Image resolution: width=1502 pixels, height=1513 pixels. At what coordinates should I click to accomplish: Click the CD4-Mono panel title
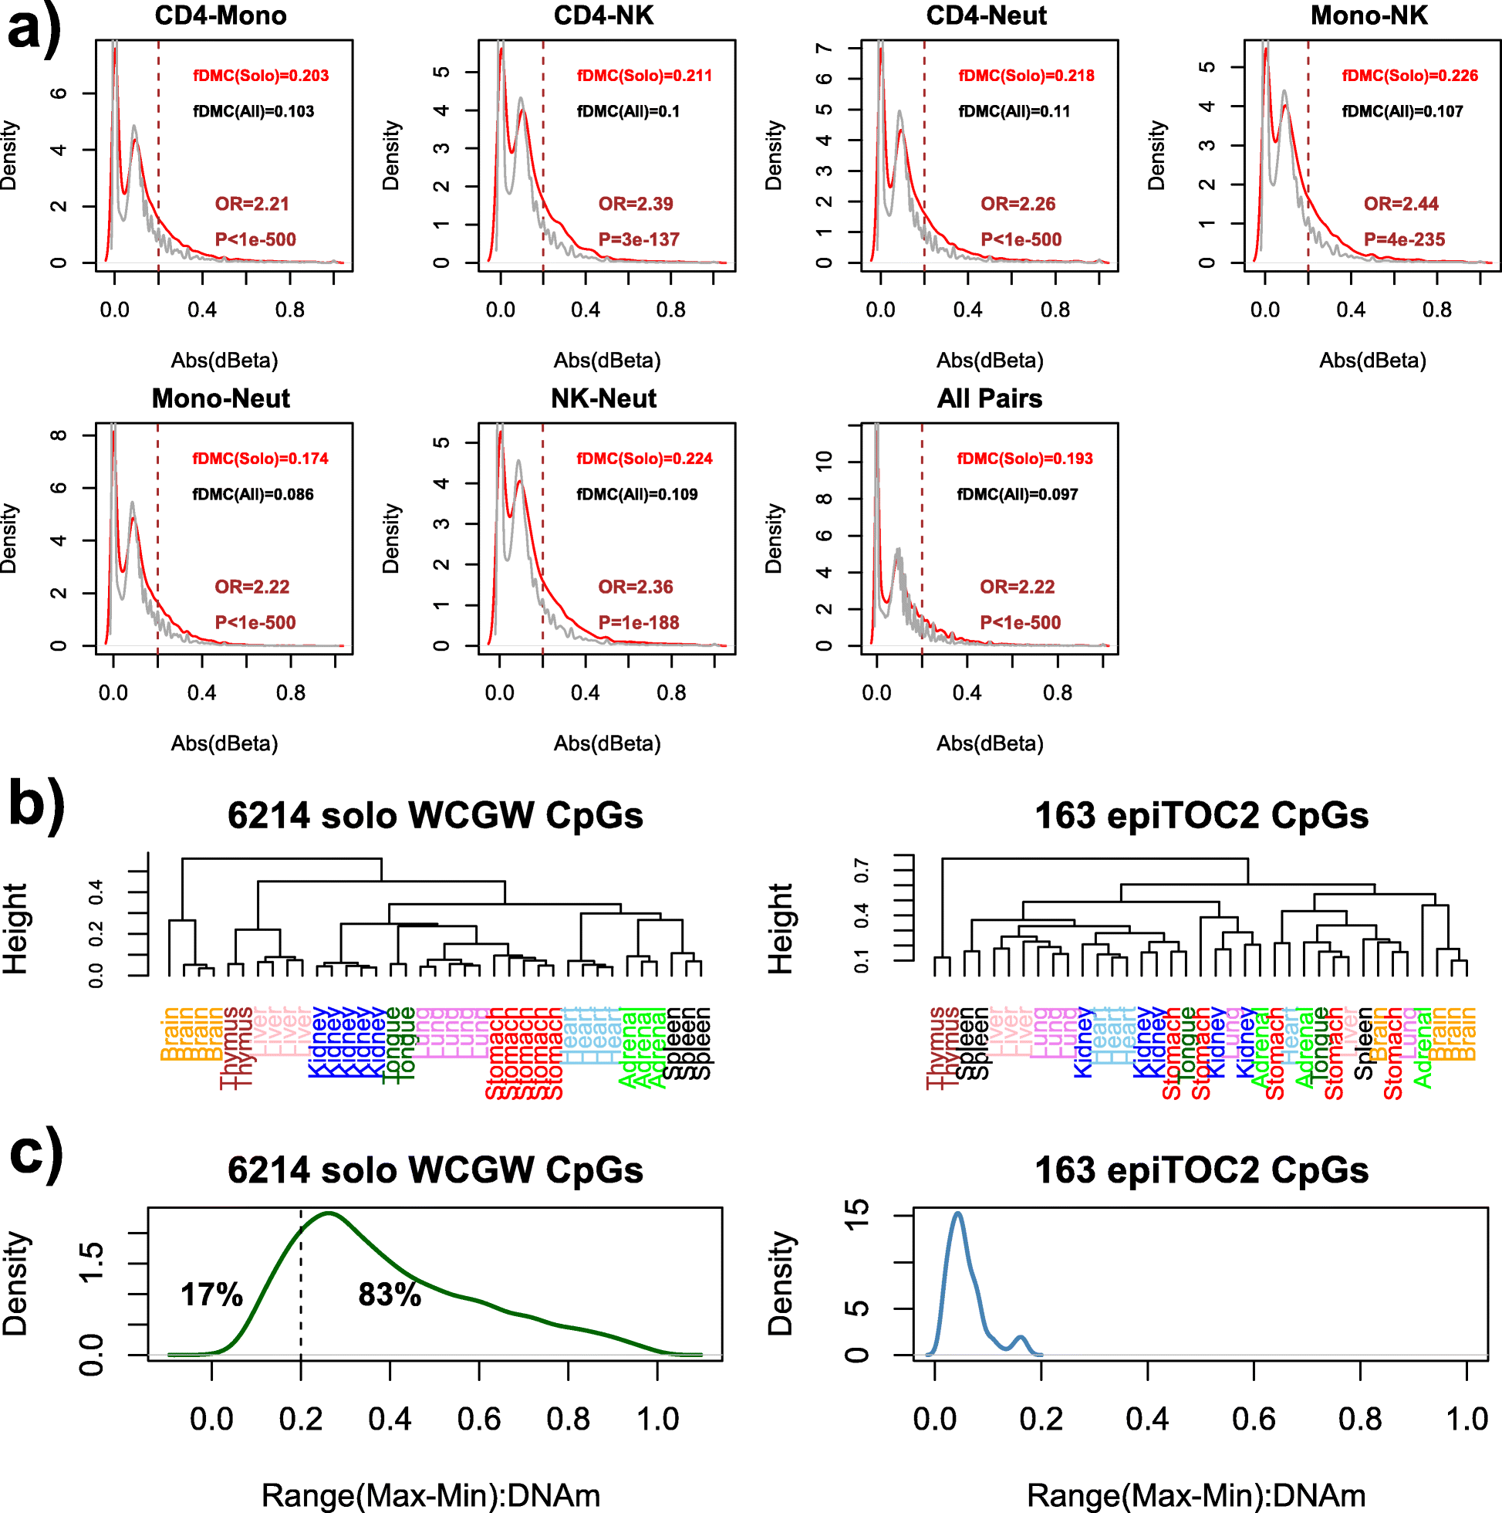221,15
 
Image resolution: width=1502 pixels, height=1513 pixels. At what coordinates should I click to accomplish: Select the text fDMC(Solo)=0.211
644,76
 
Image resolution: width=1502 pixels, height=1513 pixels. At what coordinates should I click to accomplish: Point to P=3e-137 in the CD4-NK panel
639,239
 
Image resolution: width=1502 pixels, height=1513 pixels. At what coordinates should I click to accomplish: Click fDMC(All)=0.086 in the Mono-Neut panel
253,494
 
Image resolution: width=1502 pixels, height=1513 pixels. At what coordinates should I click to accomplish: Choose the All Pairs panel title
989,398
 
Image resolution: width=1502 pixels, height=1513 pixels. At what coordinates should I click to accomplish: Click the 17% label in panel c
211,1295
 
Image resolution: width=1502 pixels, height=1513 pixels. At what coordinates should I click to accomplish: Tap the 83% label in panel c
390,1295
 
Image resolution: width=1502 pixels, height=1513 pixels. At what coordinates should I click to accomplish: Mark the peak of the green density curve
329,1213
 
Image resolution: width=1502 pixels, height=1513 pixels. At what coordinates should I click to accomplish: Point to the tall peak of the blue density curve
957,1213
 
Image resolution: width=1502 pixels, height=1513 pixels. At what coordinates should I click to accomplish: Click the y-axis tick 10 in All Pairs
824,462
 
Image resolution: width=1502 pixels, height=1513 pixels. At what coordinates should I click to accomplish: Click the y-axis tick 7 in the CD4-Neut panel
824,49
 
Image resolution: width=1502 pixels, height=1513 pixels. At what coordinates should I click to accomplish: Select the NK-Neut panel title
603,398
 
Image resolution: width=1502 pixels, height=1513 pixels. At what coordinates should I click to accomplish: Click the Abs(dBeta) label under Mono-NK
1372,360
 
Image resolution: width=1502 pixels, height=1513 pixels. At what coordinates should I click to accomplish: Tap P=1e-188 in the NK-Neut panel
639,623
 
